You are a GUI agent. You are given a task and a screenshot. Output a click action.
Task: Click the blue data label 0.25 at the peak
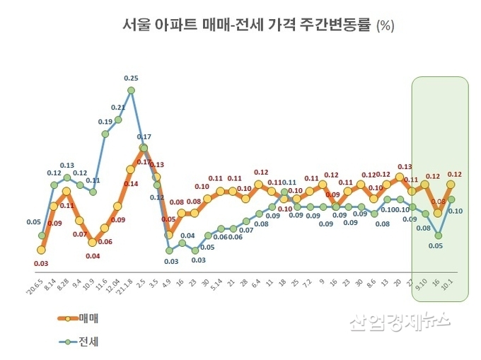coord(131,78)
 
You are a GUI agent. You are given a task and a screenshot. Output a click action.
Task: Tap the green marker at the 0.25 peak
coord(131,91)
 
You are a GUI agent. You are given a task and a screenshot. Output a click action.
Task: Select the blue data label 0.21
coord(118,108)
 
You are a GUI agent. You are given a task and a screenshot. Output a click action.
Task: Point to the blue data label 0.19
coord(105,122)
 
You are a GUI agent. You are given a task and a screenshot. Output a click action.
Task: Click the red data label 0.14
coord(131,184)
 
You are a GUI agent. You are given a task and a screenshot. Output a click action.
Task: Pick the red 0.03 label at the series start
coord(41,263)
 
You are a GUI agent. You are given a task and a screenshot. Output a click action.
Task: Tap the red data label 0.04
coord(92,255)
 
